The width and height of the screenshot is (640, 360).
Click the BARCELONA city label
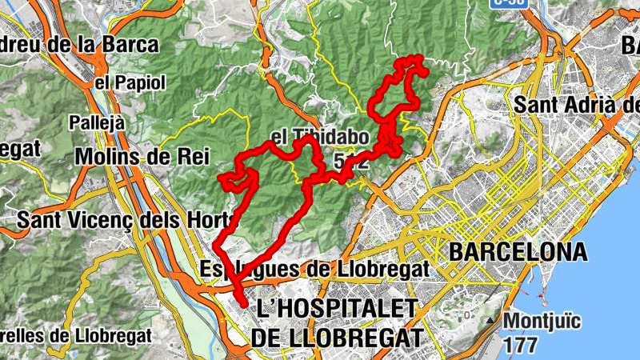pos(518,252)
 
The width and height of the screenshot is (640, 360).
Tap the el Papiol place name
pos(130,82)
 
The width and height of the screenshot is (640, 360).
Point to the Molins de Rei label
pos(131,157)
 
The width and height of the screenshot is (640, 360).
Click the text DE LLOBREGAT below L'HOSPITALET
pos(335,338)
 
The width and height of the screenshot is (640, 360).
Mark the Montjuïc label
pos(546,322)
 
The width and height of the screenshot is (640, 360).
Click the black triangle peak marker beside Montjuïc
pos(490,322)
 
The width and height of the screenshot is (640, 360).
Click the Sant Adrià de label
pos(576,105)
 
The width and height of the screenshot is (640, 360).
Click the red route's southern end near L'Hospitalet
pos(243,302)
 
